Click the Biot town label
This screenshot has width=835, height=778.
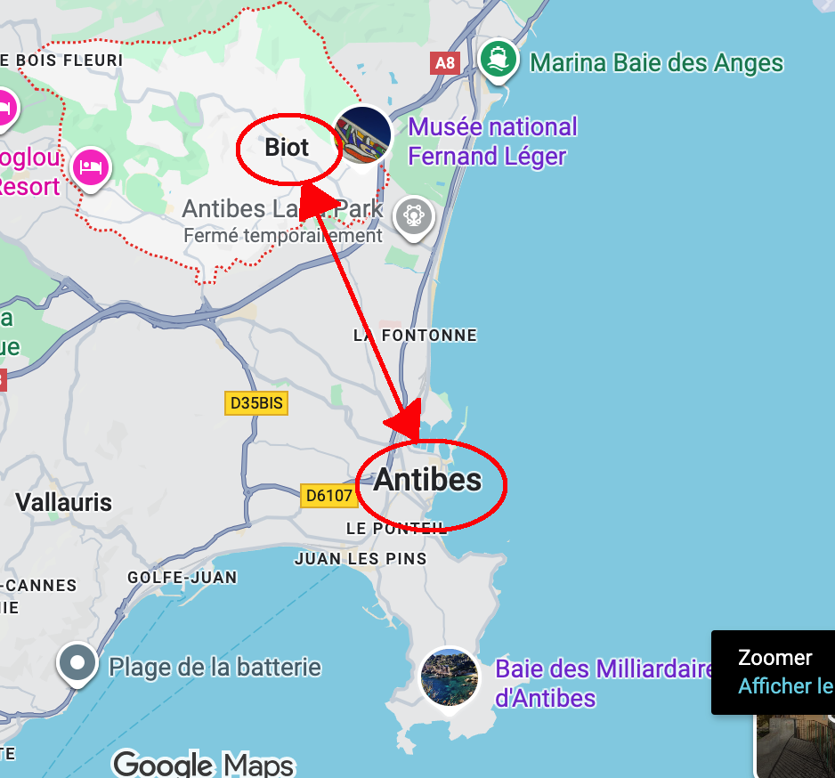pyautogui.click(x=287, y=147)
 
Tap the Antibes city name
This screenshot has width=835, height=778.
pyautogui.click(x=427, y=480)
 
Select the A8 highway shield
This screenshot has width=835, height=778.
pyautogui.click(x=443, y=62)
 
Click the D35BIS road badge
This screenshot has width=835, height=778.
pyautogui.click(x=256, y=403)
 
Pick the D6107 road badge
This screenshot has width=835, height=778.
pyautogui.click(x=329, y=496)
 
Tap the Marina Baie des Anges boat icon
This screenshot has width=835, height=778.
pyautogui.click(x=499, y=59)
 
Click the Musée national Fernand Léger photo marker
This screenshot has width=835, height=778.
pyautogui.click(x=363, y=134)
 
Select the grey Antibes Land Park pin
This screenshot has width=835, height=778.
pyautogui.click(x=414, y=216)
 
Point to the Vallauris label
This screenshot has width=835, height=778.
pyautogui.click(x=64, y=502)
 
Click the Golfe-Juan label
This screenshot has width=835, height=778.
pyautogui.click(x=182, y=577)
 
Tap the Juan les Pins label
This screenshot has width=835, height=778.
pyautogui.click(x=361, y=559)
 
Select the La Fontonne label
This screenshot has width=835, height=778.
pyautogui.click(x=415, y=336)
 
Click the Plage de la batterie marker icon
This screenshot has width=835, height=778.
pyautogui.click(x=77, y=663)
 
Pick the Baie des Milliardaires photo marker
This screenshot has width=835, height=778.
pyautogui.click(x=450, y=678)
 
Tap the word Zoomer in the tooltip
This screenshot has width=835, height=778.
pyautogui.click(x=775, y=658)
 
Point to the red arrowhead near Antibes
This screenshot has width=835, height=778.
pyautogui.click(x=407, y=423)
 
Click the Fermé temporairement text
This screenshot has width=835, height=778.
pyautogui.click(x=282, y=236)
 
